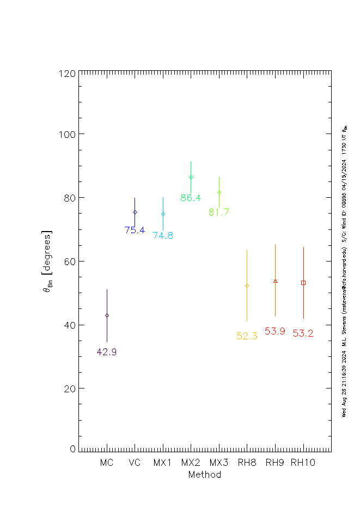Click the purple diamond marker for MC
(x=107, y=315)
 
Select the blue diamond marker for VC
(x=135, y=212)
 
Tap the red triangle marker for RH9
(x=275, y=281)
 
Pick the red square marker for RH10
(x=303, y=283)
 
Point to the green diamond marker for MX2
(x=191, y=177)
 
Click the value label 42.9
(x=107, y=352)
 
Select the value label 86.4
(x=191, y=198)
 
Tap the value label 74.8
(x=163, y=236)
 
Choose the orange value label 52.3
(x=247, y=336)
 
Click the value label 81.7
(x=219, y=212)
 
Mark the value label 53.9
(x=275, y=331)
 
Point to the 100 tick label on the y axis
(x=67, y=134)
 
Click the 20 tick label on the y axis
(x=70, y=388)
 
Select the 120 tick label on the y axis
(x=67, y=73)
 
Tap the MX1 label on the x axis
(x=163, y=463)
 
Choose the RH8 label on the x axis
(x=247, y=463)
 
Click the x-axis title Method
(x=205, y=475)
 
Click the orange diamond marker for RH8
(x=247, y=286)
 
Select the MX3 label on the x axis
(x=219, y=463)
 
